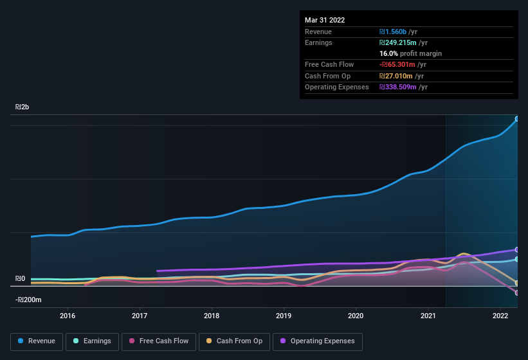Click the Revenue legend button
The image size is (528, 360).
[x=37, y=341]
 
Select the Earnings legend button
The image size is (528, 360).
[x=91, y=341]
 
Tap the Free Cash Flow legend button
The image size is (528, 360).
[x=159, y=341]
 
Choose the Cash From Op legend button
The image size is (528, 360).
[x=233, y=341]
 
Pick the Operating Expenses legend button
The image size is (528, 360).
[x=318, y=341]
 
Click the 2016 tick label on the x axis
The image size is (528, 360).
[x=68, y=316]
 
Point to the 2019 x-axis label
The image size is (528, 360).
[x=284, y=316]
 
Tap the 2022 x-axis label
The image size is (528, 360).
[x=500, y=316]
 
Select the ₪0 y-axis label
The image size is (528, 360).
[x=21, y=278]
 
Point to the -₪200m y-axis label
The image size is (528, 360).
[x=29, y=300]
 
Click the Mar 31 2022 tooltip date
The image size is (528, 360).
[x=325, y=20]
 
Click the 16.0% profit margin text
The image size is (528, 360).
[x=410, y=53]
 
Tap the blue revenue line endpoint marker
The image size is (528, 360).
[x=517, y=119]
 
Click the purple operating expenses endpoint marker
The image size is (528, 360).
[x=517, y=249]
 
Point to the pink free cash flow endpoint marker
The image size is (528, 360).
[x=517, y=292]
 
